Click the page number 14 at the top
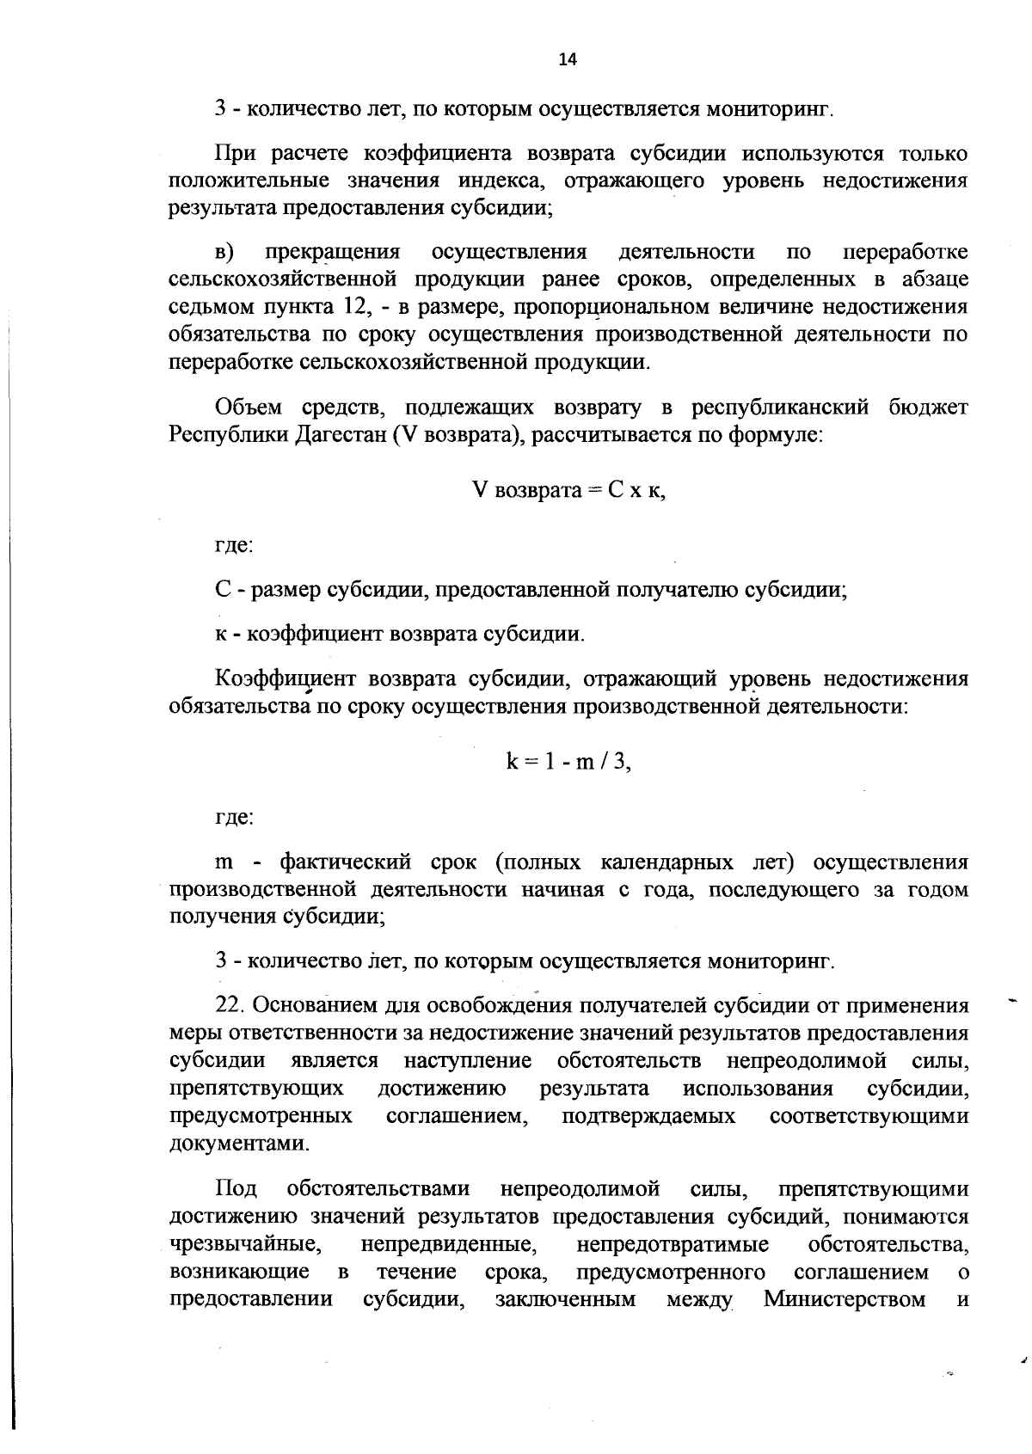568,59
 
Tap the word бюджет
929,407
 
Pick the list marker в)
224,252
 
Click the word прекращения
332,252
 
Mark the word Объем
249,407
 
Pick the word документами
238,1144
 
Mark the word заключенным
566,1299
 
